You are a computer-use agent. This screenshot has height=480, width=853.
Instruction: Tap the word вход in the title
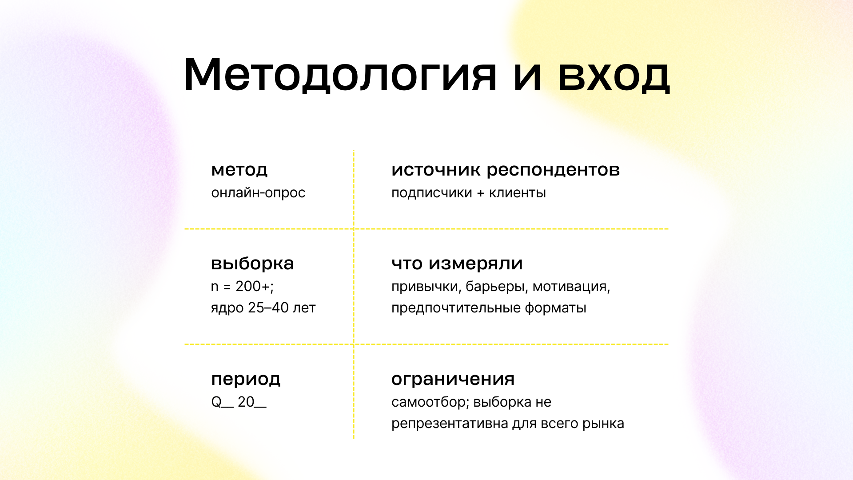pyautogui.click(x=614, y=76)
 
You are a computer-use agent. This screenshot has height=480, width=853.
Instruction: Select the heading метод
pyautogui.click(x=239, y=170)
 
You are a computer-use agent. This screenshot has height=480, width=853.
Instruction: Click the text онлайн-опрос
pyautogui.click(x=258, y=193)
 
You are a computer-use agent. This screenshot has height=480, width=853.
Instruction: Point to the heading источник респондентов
pyautogui.click(x=505, y=170)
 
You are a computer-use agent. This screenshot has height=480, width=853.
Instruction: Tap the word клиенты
pyautogui.click(x=517, y=193)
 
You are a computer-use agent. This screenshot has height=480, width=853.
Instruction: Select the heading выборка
pyautogui.click(x=252, y=264)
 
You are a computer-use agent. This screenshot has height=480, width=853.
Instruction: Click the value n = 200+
pyautogui.click(x=242, y=287)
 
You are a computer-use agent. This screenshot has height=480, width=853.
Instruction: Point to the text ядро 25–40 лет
pyautogui.click(x=263, y=308)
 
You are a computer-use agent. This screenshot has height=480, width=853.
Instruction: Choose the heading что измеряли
pyautogui.click(x=457, y=264)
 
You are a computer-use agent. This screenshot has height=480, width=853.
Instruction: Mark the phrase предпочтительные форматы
pyautogui.click(x=489, y=308)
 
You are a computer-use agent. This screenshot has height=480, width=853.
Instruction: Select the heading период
pyautogui.click(x=246, y=379)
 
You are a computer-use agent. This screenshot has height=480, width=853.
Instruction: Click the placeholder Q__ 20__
pyautogui.click(x=239, y=402)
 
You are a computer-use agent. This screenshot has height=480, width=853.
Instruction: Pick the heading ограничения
pyautogui.click(x=453, y=379)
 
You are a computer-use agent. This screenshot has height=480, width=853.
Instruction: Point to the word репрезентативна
pyautogui.click(x=450, y=424)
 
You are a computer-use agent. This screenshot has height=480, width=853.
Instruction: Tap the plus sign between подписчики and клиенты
pyautogui.click(x=480, y=193)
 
